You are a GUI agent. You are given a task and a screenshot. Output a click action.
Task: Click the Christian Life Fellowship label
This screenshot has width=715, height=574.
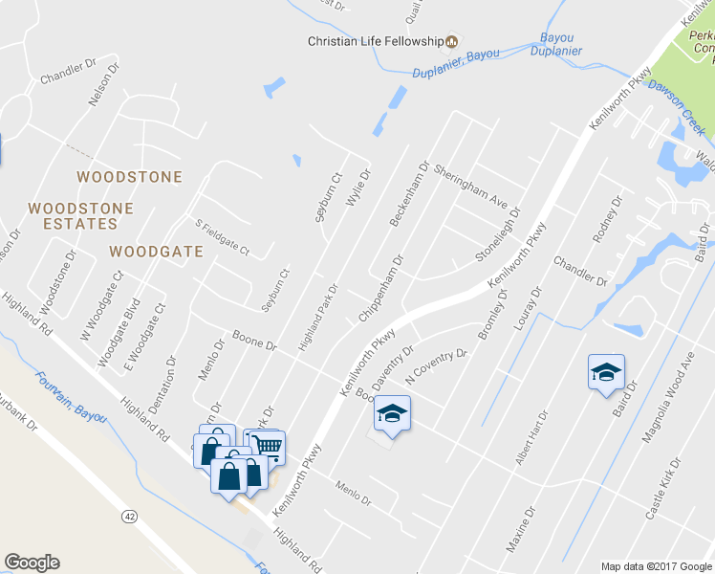[x=375, y=41]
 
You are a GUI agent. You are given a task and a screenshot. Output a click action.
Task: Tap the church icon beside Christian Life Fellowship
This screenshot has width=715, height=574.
[x=452, y=41]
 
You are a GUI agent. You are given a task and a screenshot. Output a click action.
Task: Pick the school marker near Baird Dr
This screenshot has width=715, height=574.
[x=606, y=372]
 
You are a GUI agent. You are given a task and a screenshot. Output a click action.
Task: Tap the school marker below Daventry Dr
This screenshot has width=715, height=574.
[x=392, y=413]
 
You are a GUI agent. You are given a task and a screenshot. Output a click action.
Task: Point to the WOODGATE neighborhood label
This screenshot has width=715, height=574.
[x=156, y=252]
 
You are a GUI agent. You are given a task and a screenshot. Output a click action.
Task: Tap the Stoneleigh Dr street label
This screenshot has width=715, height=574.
[x=499, y=235]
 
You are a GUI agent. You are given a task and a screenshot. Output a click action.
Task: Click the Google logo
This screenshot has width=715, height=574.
[x=32, y=563]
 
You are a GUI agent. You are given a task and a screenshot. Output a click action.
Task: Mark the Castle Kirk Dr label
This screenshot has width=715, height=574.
[x=663, y=488]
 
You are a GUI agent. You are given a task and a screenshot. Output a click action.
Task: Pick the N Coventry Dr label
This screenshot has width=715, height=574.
[x=436, y=366]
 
